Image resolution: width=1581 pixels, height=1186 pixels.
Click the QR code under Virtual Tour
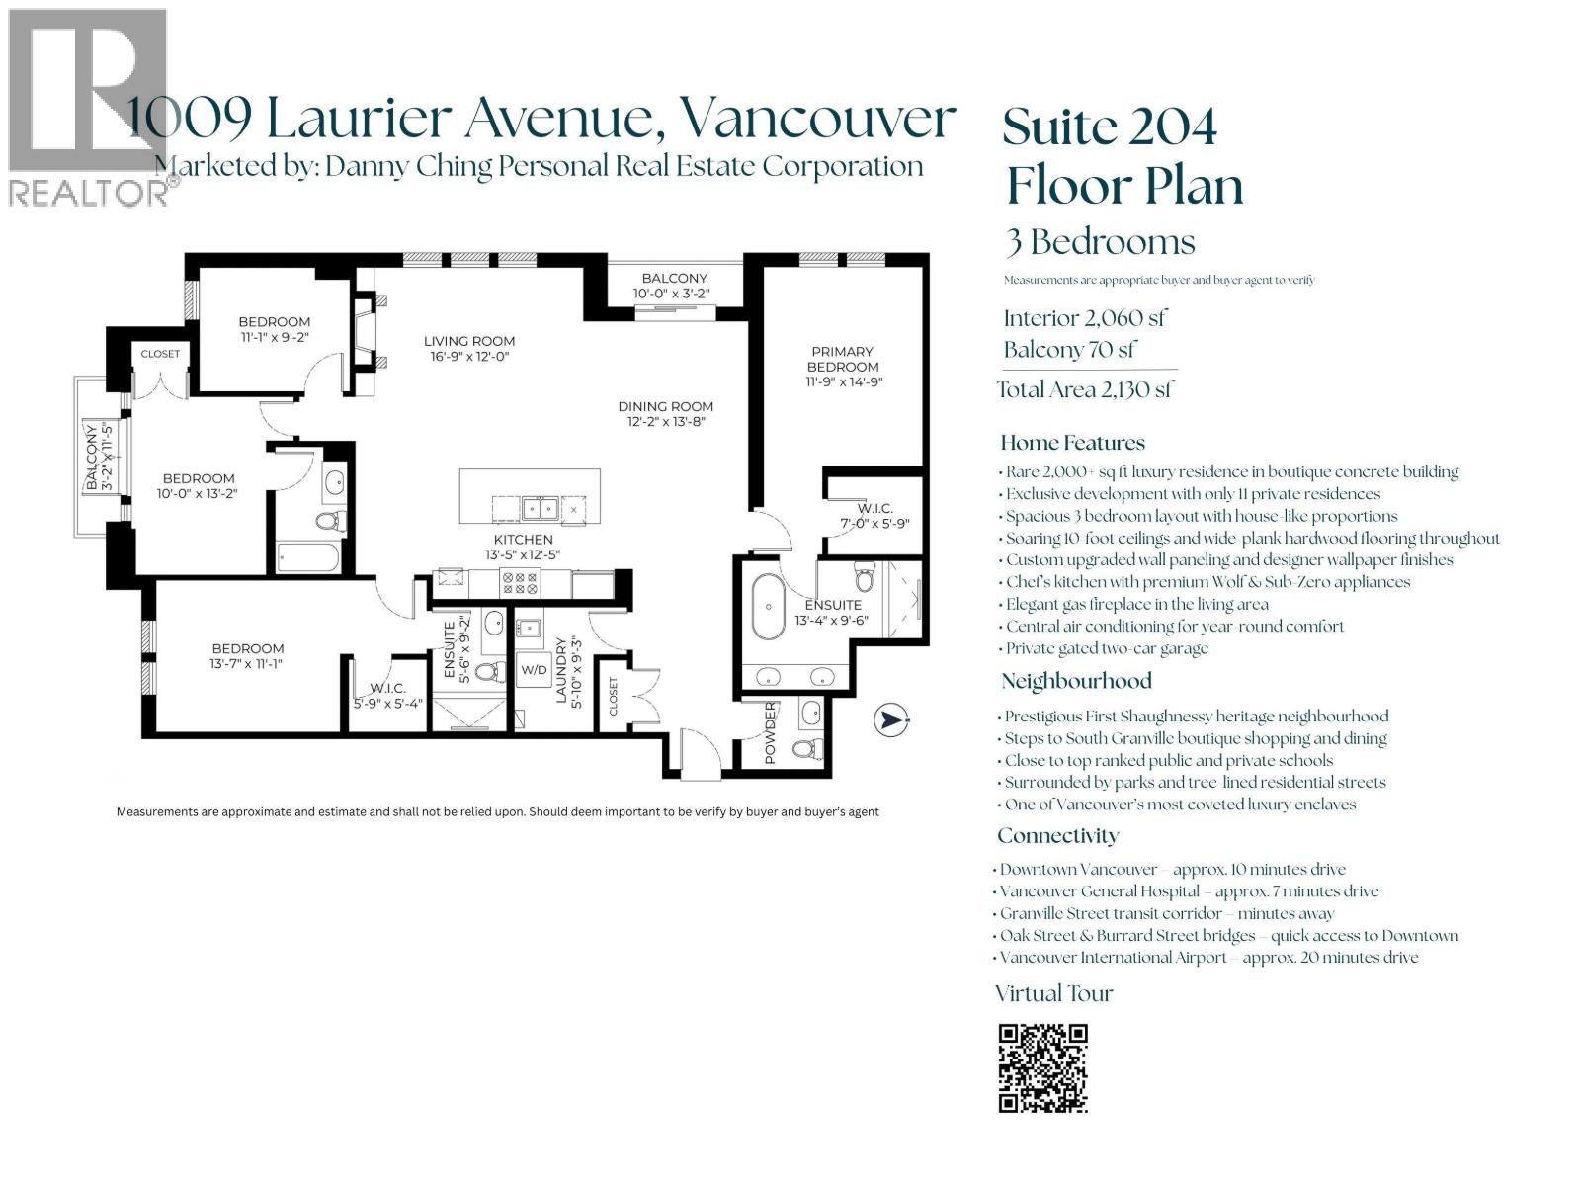pyautogui.click(x=1042, y=1068)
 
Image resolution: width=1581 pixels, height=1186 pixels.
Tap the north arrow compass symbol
pyautogui.click(x=891, y=720)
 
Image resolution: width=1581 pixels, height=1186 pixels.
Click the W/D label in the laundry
pyautogui.click(x=534, y=669)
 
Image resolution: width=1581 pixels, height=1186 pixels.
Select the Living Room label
pyautogui.click(x=469, y=341)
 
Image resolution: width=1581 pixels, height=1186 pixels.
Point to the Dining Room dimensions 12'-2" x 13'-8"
pyautogui.click(x=666, y=422)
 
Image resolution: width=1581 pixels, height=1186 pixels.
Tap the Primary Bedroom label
pyautogui.click(x=842, y=359)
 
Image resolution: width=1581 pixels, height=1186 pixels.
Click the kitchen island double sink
pyautogui.click(x=540, y=509)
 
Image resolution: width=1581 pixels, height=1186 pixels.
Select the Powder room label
pyautogui.click(x=771, y=732)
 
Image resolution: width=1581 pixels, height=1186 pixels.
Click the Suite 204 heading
pyautogui.click(x=1110, y=127)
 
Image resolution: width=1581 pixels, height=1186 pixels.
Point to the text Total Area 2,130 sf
pyautogui.click(x=1084, y=389)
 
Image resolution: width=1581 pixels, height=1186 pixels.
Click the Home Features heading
pyautogui.click(x=1072, y=443)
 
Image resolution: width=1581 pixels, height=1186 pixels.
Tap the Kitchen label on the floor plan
pyautogui.click(x=524, y=540)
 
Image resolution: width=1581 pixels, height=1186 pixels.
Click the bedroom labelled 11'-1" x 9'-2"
pyautogui.click(x=274, y=329)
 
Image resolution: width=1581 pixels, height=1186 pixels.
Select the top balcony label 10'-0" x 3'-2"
pyautogui.click(x=674, y=294)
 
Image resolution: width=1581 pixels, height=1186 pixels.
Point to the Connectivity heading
pyautogui.click(x=1057, y=836)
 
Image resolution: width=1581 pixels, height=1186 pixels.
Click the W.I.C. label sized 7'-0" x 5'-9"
pyautogui.click(x=874, y=516)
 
